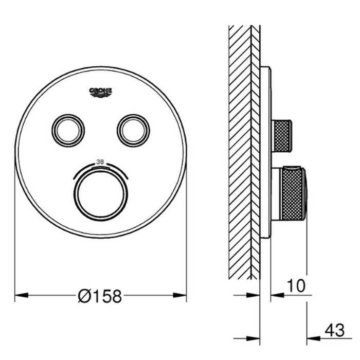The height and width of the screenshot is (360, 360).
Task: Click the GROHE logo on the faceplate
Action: (101, 92)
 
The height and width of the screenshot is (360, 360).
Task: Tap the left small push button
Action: (68, 130)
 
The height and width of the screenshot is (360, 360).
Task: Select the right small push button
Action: (133, 130)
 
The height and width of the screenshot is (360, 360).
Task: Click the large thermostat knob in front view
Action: (101, 194)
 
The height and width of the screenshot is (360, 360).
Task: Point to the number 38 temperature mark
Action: (100, 162)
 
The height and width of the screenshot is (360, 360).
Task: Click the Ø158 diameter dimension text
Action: (100, 296)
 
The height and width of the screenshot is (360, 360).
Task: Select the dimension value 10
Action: (296, 286)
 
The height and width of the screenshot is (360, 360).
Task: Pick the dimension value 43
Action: (335, 330)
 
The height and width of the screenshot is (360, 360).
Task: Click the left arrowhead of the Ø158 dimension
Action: (22, 295)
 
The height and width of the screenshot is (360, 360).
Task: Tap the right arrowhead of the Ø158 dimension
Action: (180, 295)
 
